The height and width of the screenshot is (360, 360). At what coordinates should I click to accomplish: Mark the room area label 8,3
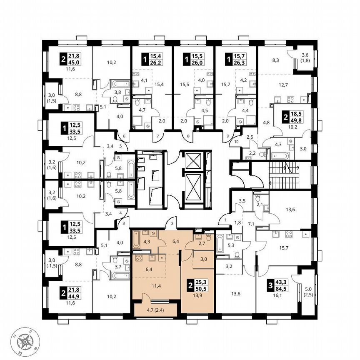pyautogui.click(x=276, y=60)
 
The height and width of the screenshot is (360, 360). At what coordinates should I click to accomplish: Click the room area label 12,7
pyautogui.click(x=284, y=85)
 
